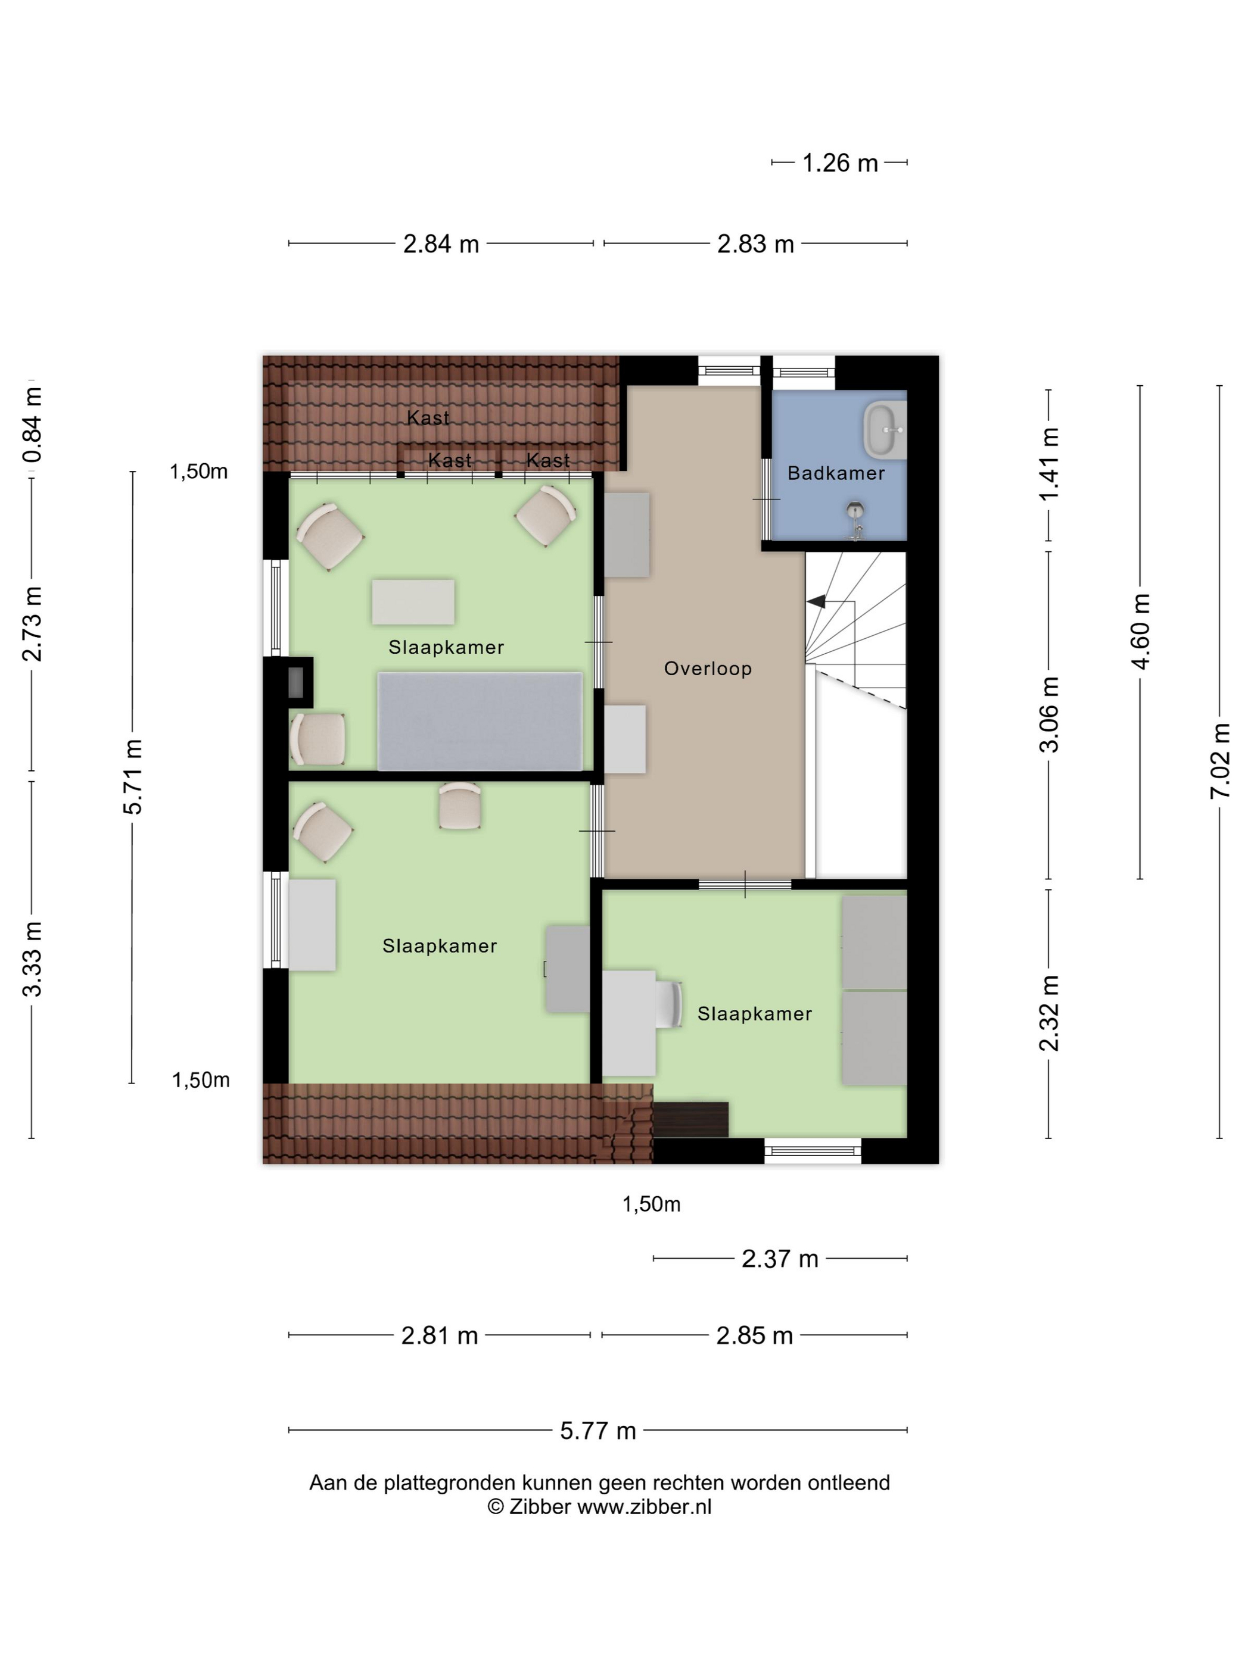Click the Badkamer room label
pos(836,473)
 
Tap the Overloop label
pos(707,669)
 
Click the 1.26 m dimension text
pos(839,163)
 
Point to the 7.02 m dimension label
pos(1220,760)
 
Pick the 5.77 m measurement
pos(598,1431)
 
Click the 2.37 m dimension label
pos(780,1259)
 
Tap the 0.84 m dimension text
pos(32,425)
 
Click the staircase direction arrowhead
pos(816,601)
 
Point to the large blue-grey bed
pos(480,721)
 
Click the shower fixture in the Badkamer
pos(854,520)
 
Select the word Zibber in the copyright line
pos(540,1506)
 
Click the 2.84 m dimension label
pos(441,244)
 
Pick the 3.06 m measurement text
pos(1049,714)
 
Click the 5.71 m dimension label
pos(133,777)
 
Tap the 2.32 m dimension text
pos(1049,1013)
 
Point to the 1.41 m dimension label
pos(1049,463)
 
